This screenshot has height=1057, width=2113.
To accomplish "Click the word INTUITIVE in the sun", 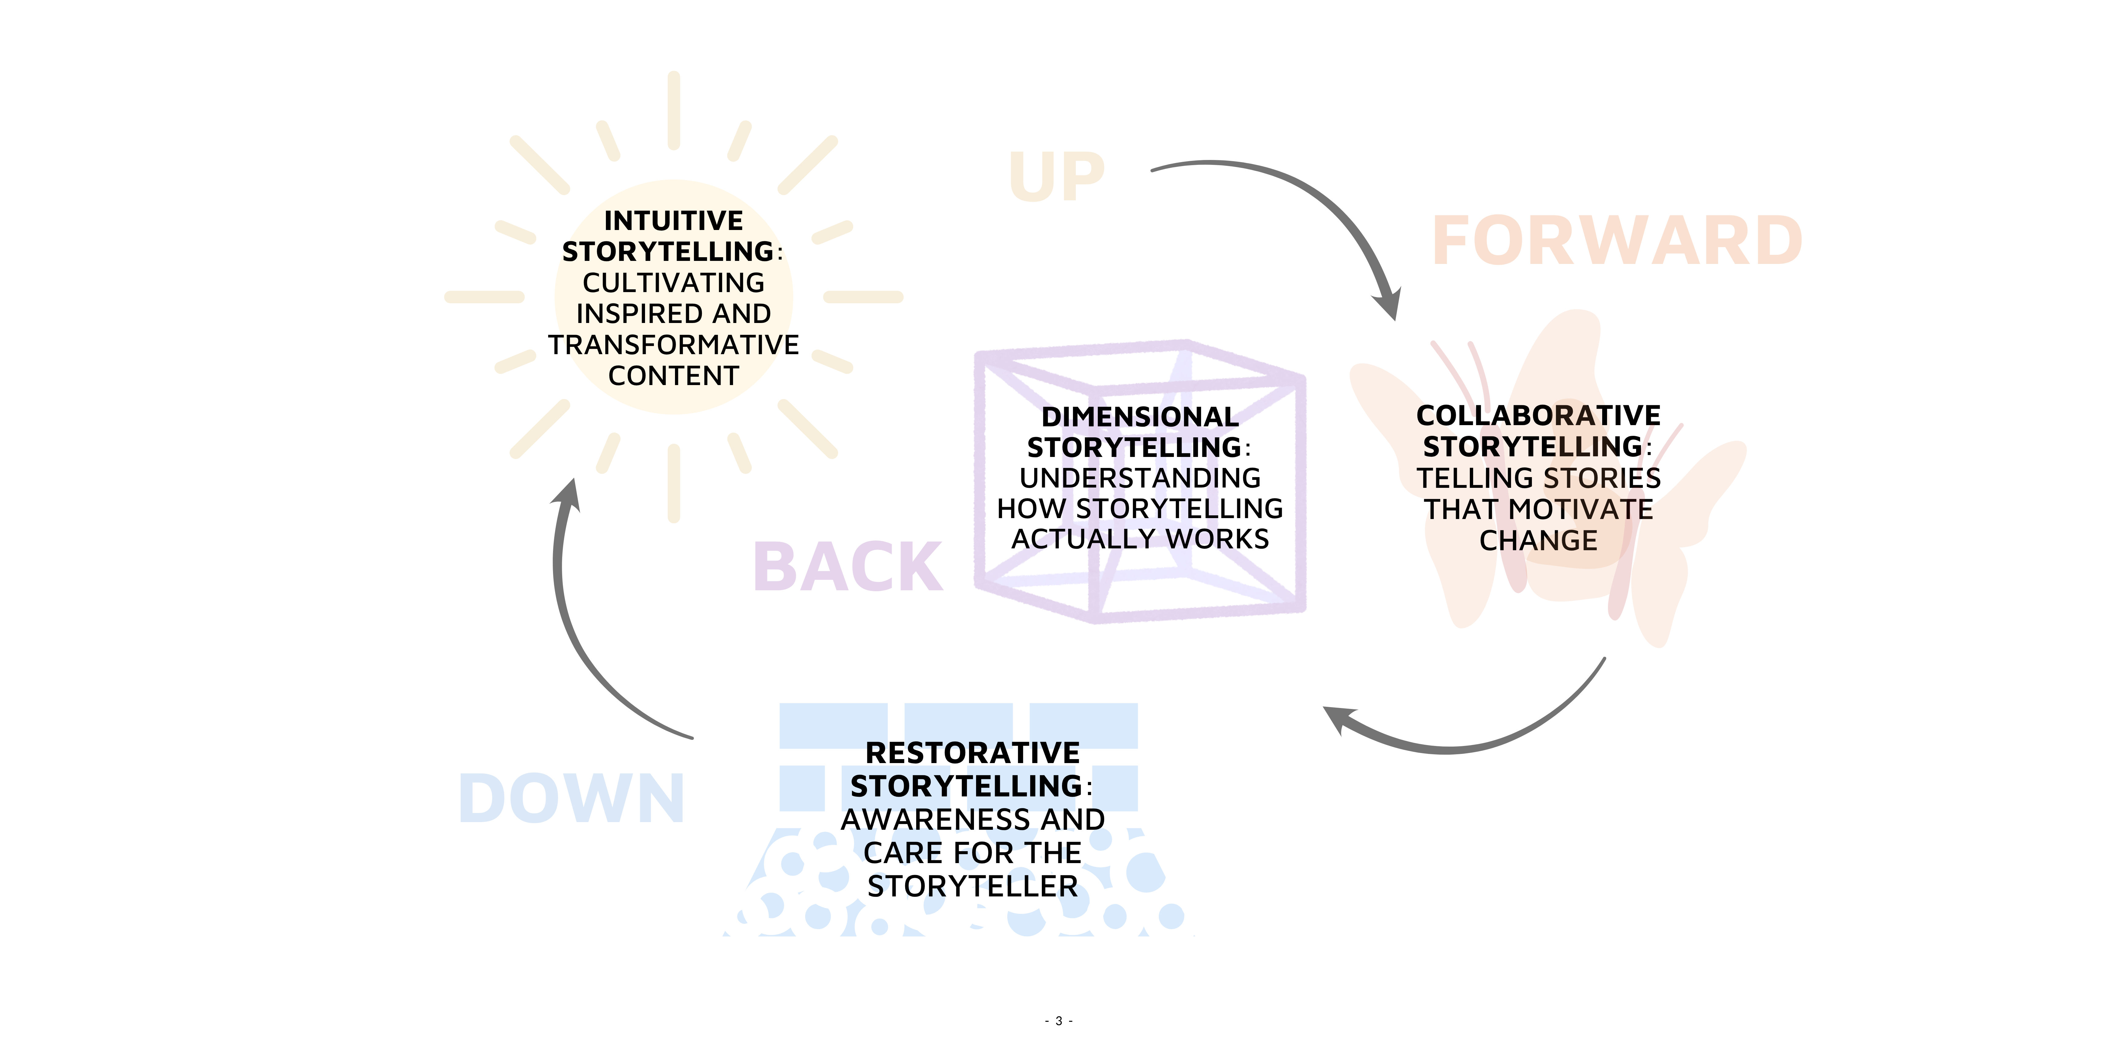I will pyautogui.click(x=673, y=221).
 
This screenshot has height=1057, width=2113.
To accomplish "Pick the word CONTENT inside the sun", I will pyautogui.click(x=673, y=376).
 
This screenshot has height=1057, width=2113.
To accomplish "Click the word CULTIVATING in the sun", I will pyautogui.click(x=673, y=282).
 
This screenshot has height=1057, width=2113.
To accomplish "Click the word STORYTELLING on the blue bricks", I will pyautogui.click(x=964, y=786).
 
